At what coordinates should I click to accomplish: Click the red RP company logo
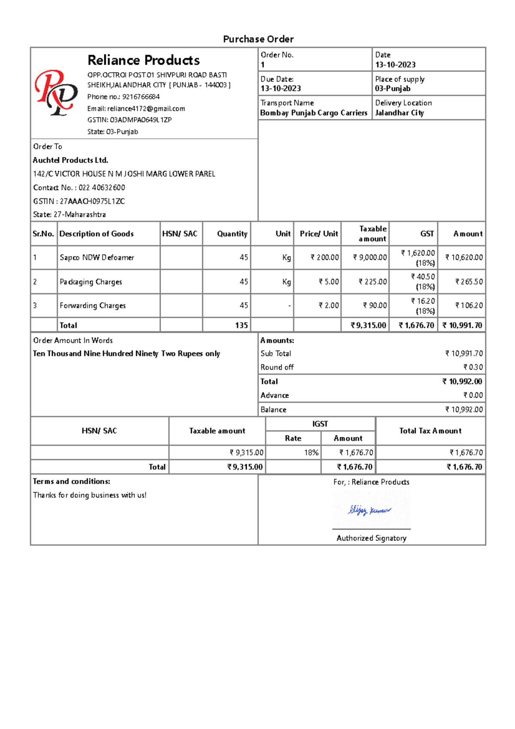pos(56,93)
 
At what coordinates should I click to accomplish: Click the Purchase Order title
pos(258,39)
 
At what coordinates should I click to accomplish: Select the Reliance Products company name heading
pos(143,60)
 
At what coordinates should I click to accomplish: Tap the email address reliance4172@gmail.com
pos(146,109)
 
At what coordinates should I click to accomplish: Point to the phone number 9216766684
pos(141,97)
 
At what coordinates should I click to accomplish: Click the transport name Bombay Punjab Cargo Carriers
pos(314,113)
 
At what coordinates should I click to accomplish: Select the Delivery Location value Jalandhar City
pos(400,113)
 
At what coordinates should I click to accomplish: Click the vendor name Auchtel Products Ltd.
pos(71,160)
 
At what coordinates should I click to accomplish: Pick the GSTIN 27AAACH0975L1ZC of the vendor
pos(92,201)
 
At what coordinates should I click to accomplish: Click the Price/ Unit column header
pos(318,234)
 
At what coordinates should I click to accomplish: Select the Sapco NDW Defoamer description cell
pos(97,258)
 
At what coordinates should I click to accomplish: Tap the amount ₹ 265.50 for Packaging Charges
pos(469,282)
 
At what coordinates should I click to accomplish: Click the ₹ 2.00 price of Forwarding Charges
pos(329,306)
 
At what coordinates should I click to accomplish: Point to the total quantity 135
pos(241,325)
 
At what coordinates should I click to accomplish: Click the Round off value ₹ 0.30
pos(473,368)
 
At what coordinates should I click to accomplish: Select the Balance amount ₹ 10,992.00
pos(464,410)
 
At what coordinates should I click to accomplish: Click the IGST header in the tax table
pos(320,424)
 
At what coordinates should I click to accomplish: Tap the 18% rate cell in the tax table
pos(311,453)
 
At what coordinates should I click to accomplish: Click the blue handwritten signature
pos(369,510)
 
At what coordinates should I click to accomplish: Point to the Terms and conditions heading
pos(72,482)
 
